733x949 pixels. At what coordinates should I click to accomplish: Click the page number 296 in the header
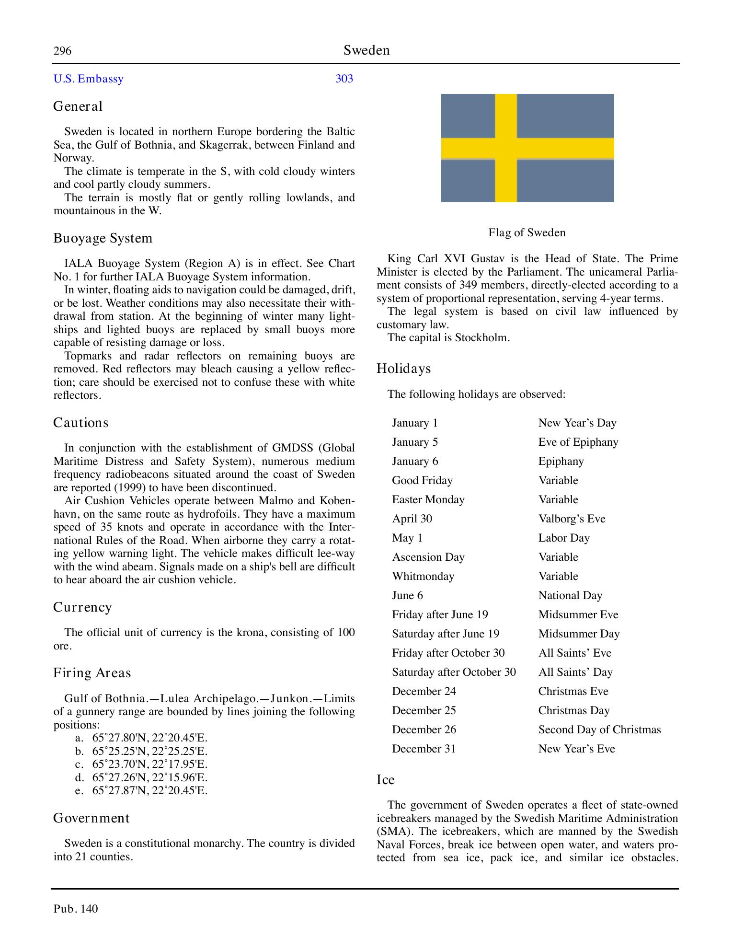click(x=62, y=51)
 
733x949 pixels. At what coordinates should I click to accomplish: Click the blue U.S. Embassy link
click(x=89, y=79)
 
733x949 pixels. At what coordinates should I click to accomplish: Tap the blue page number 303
click(x=344, y=79)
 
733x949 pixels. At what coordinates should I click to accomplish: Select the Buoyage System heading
click(x=103, y=238)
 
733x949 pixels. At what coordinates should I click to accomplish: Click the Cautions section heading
click(x=81, y=423)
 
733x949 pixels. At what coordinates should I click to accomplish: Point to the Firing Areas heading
click(x=92, y=673)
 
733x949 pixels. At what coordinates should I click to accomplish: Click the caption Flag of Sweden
click(x=527, y=233)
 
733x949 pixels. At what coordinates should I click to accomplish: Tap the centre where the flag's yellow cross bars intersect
click(x=506, y=148)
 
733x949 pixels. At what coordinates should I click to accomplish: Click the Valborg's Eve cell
click(x=572, y=519)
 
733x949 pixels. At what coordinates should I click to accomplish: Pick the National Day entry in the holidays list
click(x=570, y=596)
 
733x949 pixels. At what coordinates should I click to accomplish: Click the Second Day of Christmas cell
click(x=599, y=730)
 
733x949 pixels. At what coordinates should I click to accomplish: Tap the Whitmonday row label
click(x=423, y=577)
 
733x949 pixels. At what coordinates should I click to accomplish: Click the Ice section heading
click(x=386, y=780)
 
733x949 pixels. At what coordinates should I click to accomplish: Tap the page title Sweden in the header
click(x=366, y=51)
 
